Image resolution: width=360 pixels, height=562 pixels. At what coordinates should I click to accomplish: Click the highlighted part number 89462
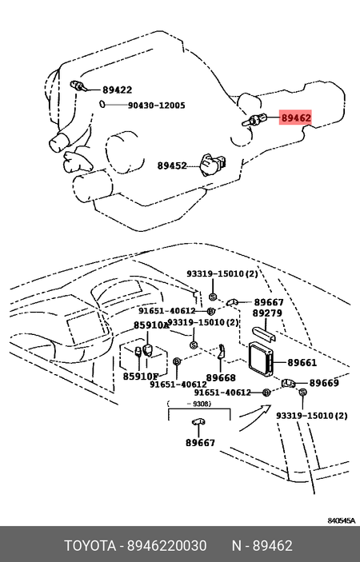tap(295, 118)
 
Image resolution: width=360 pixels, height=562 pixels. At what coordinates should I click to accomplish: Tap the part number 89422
tap(117, 90)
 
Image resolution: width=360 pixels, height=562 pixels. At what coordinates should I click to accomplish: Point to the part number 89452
tap(171, 166)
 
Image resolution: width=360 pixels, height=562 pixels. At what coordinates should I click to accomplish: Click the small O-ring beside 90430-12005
tap(103, 105)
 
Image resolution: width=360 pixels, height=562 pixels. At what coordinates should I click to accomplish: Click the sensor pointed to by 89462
tap(255, 121)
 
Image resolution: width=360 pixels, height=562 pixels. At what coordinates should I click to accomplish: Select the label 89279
tap(267, 314)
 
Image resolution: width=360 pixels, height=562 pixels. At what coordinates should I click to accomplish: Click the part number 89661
tap(302, 363)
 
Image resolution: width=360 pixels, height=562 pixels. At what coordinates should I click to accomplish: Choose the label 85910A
tap(150, 325)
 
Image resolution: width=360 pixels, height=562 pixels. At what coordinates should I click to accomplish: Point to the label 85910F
tap(141, 376)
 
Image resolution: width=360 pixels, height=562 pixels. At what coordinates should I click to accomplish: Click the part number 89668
tap(221, 377)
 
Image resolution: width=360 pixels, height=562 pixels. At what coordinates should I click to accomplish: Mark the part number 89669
tap(324, 384)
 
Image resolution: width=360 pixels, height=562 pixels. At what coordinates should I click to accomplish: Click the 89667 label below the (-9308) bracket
tap(200, 442)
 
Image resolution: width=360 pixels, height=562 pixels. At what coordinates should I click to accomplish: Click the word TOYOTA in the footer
tap(90, 546)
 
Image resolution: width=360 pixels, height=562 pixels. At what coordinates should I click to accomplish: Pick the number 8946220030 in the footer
tap(167, 546)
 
